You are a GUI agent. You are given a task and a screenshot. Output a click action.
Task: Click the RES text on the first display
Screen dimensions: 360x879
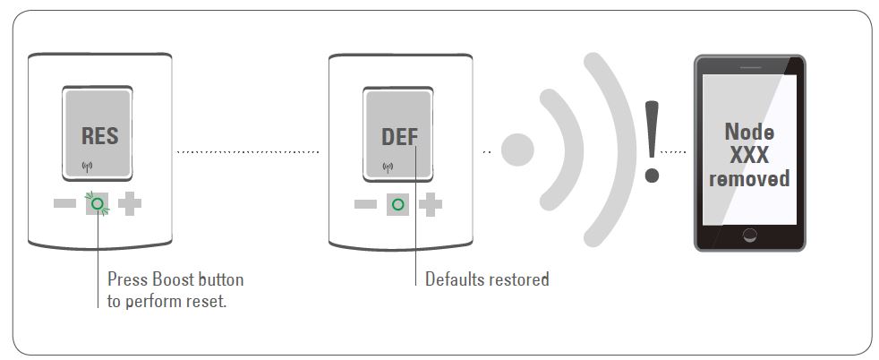(x=99, y=137)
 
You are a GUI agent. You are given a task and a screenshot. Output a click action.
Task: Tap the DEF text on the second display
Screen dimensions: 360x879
(x=399, y=137)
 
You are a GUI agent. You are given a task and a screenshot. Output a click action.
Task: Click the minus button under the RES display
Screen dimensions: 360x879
(x=64, y=203)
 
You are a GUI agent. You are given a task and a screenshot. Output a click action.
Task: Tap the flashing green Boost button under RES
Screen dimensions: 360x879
(x=97, y=203)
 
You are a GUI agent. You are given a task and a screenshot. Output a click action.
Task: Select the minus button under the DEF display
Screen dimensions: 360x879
(x=365, y=204)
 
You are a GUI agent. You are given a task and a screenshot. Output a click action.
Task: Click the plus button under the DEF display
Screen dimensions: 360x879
(x=431, y=204)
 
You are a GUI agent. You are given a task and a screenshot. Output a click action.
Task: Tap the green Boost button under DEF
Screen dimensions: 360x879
(x=398, y=204)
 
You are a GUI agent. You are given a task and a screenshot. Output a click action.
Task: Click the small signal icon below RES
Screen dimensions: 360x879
(x=87, y=166)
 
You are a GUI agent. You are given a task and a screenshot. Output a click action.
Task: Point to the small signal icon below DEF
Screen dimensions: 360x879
(x=388, y=166)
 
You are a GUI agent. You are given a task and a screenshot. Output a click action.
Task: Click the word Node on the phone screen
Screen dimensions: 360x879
(x=749, y=133)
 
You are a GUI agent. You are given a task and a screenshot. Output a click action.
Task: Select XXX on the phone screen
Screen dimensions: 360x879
(x=749, y=155)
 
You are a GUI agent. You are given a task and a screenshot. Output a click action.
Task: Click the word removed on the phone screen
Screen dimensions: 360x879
(x=749, y=178)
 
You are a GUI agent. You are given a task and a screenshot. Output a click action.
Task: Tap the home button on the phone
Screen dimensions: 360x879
(x=749, y=235)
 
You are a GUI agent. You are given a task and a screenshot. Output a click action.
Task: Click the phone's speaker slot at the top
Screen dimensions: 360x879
(x=749, y=64)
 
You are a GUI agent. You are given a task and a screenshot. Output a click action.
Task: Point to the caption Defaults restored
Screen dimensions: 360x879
(x=487, y=279)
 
